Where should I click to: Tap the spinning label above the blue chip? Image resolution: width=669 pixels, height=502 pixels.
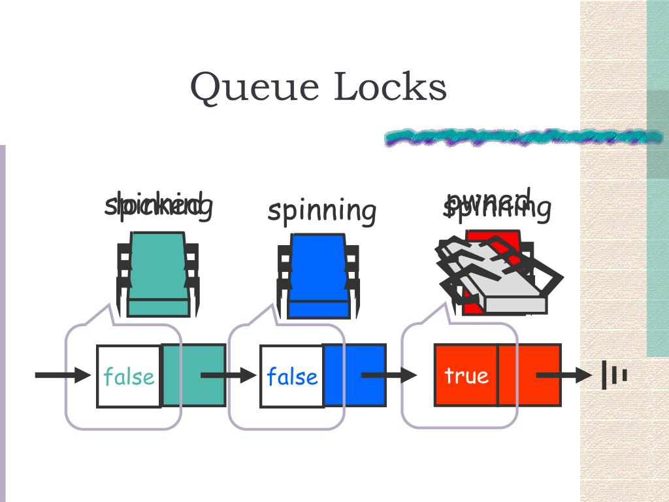(322, 210)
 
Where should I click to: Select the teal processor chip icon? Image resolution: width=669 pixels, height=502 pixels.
(158, 275)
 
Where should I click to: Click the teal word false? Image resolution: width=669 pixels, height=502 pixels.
(129, 376)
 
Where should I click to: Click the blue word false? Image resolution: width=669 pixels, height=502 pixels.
(291, 376)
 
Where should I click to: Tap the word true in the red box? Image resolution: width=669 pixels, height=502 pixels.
(466, 375)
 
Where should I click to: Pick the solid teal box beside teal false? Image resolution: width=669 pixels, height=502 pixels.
(194, 375)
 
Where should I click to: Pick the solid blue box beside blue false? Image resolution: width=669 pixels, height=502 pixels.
(355, 375)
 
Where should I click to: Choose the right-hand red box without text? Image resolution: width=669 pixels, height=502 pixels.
(530, 375)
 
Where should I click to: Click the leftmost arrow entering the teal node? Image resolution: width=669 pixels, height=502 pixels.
(63, 375)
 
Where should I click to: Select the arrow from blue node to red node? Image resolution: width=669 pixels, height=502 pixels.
(389, 375)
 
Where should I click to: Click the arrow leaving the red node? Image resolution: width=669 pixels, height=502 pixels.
(563, 375)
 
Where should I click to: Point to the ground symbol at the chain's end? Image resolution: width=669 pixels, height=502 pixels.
(615, 375)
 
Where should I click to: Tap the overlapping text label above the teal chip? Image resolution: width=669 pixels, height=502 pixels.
(159, 205)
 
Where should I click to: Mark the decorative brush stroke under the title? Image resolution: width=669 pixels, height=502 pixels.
(523, 137)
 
